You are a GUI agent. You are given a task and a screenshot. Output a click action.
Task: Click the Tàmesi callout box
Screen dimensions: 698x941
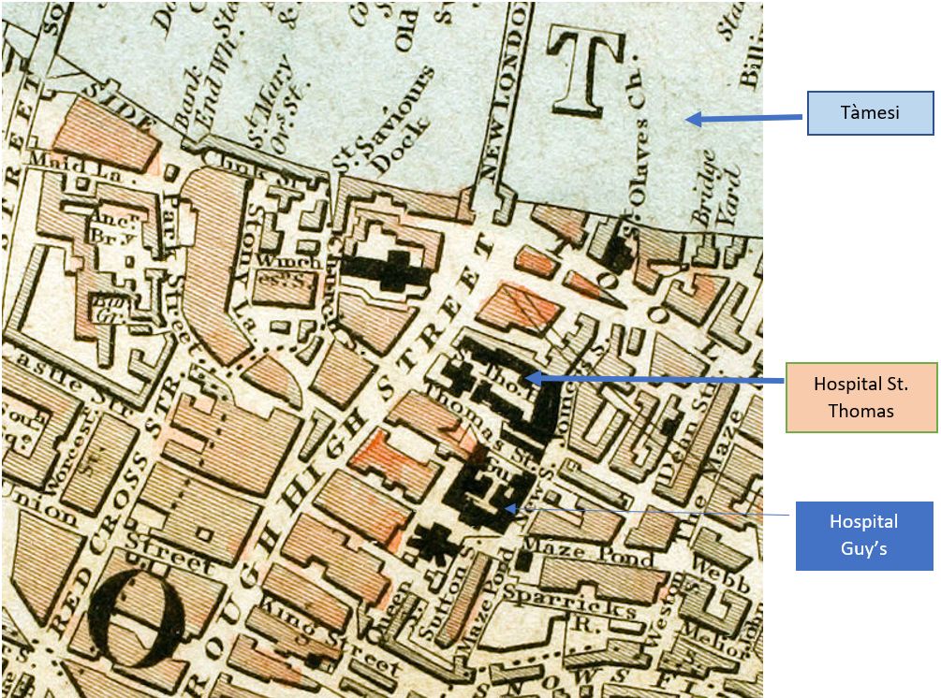click(x=870, y=112)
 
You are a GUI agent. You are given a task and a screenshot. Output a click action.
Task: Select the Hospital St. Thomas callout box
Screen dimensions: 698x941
click(x=860, y=397)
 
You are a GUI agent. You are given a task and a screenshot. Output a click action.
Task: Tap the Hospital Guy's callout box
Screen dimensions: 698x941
click(x=863, y=535)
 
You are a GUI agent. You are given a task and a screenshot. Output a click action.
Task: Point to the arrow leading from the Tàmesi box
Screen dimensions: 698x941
click(x=744, y=119)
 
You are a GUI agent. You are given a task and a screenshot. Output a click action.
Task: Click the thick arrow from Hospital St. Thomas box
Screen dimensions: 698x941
click(x=655, y=379)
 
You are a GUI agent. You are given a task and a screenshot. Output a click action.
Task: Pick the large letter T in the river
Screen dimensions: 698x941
click(x=586, y=71)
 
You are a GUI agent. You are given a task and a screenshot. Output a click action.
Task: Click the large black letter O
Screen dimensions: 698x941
click(x=143, y=618)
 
